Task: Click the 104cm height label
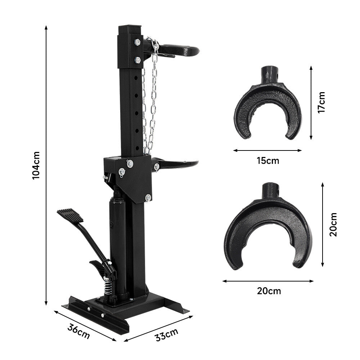pyautogui.click(x=36, y=165)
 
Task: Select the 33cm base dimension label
pyautogui.click(x=167, y=335)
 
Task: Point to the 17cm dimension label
pyautogui.click(x=321, y=102)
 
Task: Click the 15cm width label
pyautogui.click(x=268, y=161)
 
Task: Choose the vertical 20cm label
pyautogui.click(x=333, y=224)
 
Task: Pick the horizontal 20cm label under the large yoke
pyautogui.click(x=269, y=291)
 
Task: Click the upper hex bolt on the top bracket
pyautogui.click(x=137, y=42)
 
